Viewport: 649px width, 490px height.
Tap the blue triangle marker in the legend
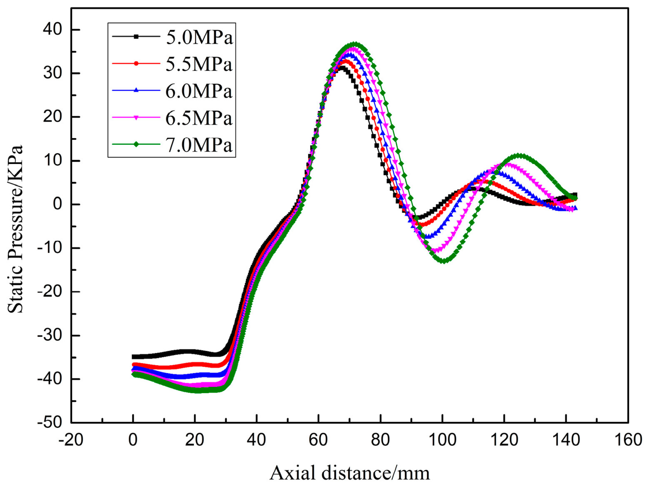(x=136, y=90)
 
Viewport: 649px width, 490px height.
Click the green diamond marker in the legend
(x=136, y=144)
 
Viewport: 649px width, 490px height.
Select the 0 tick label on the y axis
(x=58, y=204)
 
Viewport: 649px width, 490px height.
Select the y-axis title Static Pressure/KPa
(x=15, y=229)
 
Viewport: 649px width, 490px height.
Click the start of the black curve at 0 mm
(x=134, y=357)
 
